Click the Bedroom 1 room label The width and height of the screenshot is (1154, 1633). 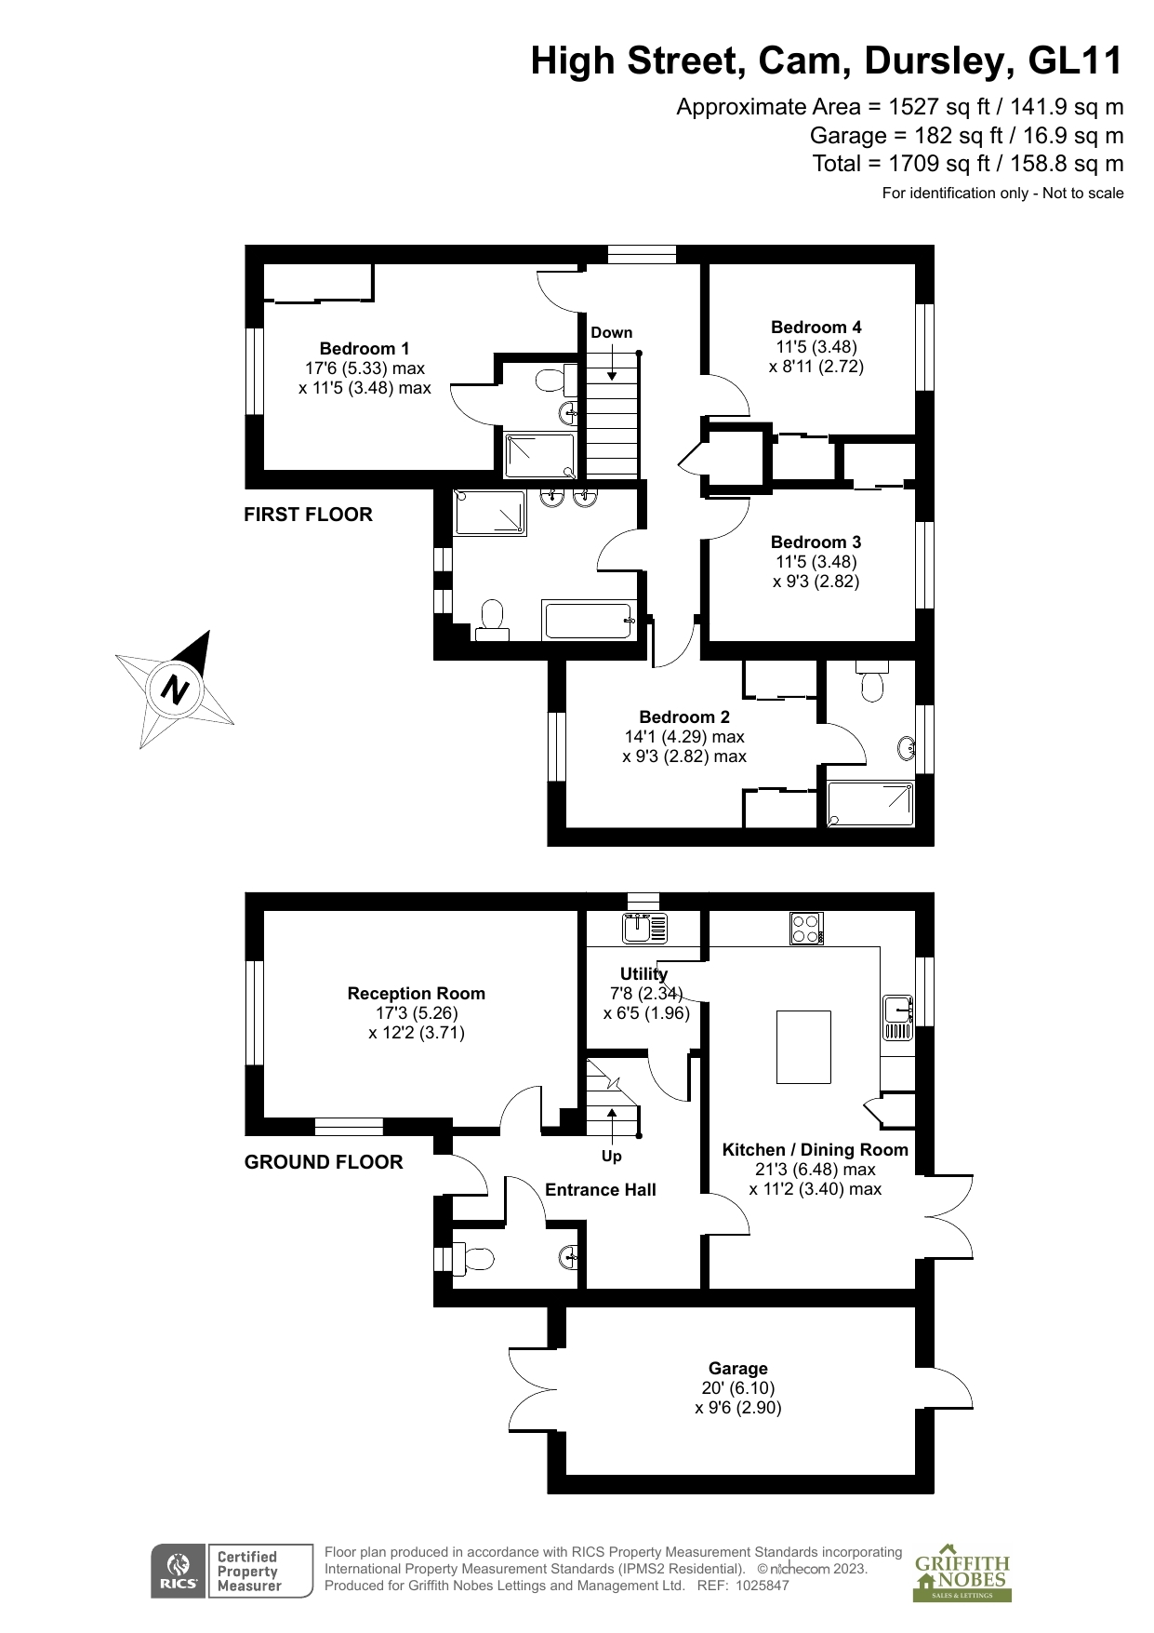[365, 349]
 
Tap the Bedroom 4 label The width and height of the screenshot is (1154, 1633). [816, 328]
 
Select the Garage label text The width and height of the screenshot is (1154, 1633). [738, 1369]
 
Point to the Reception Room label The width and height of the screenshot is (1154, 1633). [417, 994]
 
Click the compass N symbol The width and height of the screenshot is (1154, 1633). [175, 689]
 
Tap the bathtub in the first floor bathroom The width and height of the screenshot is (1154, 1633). [589, 620]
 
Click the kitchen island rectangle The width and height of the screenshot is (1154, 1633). [803, 1047]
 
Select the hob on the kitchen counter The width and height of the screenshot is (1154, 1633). [806, 928]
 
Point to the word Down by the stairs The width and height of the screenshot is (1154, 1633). [612, 333]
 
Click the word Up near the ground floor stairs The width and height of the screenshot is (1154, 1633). [612, 1157]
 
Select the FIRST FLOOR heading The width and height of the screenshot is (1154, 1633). [308, 515]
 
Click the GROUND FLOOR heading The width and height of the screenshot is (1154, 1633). [324, 1162]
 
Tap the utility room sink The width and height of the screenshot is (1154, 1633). [645, 928]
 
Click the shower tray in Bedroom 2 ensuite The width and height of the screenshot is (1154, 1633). [870, 804]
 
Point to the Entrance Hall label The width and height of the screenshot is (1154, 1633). [601, 1190]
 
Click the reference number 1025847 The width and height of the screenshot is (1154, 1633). [763, 1586]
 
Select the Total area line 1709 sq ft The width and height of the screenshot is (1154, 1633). [968, 164]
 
